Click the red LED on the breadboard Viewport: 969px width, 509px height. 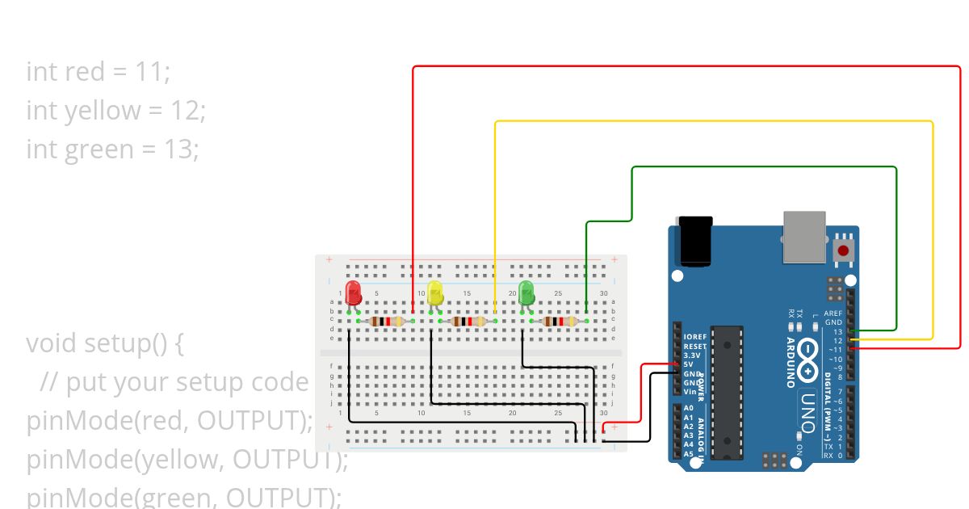pos(353,292)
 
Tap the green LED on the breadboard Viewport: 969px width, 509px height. pos(527,292)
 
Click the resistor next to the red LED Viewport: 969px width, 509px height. pos(386,322)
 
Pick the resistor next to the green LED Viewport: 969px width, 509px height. pos(559,322)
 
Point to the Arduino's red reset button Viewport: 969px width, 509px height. pos(844,250)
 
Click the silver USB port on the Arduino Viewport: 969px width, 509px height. pos(804,237)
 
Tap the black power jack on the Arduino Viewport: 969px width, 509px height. pos(696,240)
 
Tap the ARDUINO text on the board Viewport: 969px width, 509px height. pos(791,363)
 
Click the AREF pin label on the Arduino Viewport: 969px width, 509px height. pos(833,313)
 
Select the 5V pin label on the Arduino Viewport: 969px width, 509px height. pos(688,364)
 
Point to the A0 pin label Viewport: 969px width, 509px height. pos(688,408)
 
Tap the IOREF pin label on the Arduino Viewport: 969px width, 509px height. pos(694,337)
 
